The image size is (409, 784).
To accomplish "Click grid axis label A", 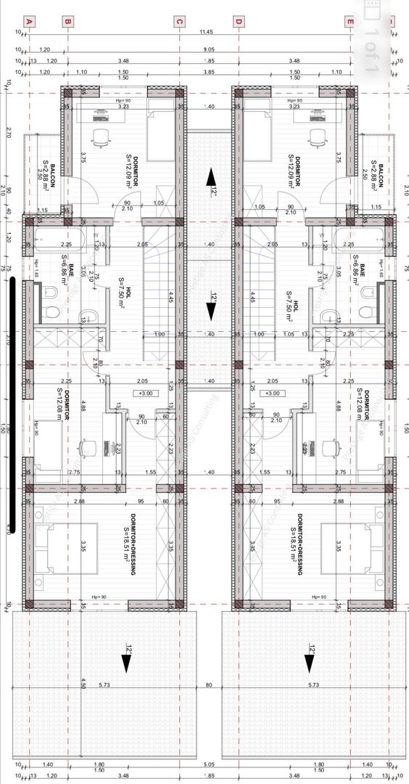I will [30, 21].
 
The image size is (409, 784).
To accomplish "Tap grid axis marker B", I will [67, 21].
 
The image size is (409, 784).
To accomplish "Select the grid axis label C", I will [178, 21].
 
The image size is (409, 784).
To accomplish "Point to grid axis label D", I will [238, 21].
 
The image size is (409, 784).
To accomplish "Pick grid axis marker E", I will [350, 21].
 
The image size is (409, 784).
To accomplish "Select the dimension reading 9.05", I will [209, 50].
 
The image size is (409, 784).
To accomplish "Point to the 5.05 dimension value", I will [209, 764].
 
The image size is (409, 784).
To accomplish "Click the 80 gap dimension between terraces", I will [209, 685].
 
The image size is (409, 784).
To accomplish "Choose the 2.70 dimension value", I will [8, 133].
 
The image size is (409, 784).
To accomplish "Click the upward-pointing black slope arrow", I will [210, 176].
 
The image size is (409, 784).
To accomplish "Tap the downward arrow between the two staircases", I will [210, 311].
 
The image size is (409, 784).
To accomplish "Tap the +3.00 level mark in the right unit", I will [272, 393].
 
